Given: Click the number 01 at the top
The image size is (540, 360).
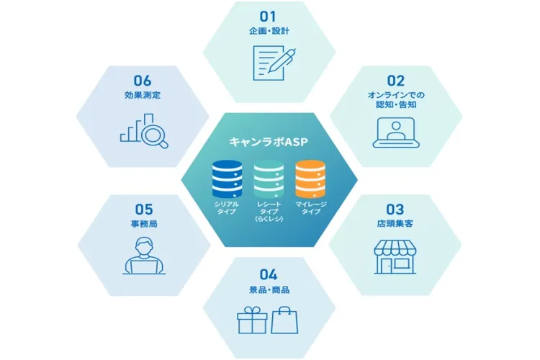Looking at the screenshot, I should (x=268, y=15).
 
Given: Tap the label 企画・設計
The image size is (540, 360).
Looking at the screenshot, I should (x=268, y=32).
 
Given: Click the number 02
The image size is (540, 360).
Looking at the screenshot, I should (x=395, y=81).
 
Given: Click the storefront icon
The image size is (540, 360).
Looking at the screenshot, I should (x=395, y=256).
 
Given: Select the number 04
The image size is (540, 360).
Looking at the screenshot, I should (x=268, y=274).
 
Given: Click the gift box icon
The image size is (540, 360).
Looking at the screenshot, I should (x=252, y=320).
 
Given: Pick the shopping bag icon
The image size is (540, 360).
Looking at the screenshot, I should (x=285, y=320).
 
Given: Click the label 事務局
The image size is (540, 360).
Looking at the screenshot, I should (x=143, y=225).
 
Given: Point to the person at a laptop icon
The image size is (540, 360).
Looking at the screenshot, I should (x=144, y=256).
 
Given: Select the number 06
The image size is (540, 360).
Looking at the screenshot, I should (x=143, y=81).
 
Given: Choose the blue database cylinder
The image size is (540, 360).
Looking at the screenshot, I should (x=227, y=179).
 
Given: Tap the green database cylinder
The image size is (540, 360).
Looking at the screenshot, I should (x=269, y=179).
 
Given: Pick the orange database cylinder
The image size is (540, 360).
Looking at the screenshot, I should (x=310, y=179).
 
